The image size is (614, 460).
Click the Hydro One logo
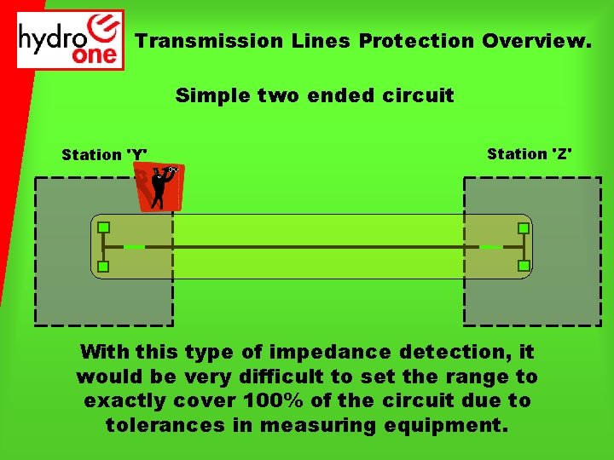71,39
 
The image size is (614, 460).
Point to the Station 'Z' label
530,154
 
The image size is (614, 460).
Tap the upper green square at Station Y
103,227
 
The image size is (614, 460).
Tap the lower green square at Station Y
103,267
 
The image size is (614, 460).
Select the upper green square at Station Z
524,228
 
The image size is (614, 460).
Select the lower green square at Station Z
524,267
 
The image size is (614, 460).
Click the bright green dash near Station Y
134,247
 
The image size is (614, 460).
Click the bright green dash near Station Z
490,247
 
